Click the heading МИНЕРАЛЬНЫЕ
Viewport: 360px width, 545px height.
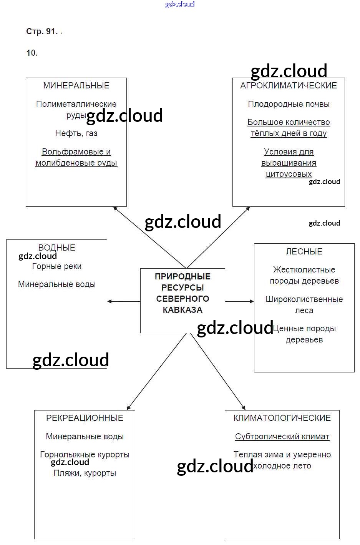(76, 86)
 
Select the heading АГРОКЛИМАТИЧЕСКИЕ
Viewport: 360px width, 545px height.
(289, 86)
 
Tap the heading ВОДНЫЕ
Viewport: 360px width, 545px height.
(57, 248)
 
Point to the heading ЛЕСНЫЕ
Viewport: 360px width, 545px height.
(304, 251)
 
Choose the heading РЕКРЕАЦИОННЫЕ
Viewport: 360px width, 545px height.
(85, 418)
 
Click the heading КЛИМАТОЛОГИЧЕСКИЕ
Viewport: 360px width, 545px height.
(282, 418)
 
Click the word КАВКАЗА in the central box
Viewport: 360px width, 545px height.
(182, 310)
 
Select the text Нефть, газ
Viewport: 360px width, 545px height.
(76, 133)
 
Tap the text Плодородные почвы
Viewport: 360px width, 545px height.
(289, 104)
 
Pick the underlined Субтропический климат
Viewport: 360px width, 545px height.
(282, 437)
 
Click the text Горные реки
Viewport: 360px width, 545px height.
(57, 266)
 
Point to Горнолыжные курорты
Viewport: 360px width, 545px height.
(85, 455)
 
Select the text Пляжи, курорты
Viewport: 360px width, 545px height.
(85, 473)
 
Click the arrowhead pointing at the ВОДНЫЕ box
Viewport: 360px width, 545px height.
(110, 301)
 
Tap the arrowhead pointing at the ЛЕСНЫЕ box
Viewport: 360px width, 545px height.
(251, 301)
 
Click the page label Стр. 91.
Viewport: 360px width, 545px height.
(41, 32)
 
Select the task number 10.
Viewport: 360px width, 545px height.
(32, 53)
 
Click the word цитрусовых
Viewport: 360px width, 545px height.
(289, 174)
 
